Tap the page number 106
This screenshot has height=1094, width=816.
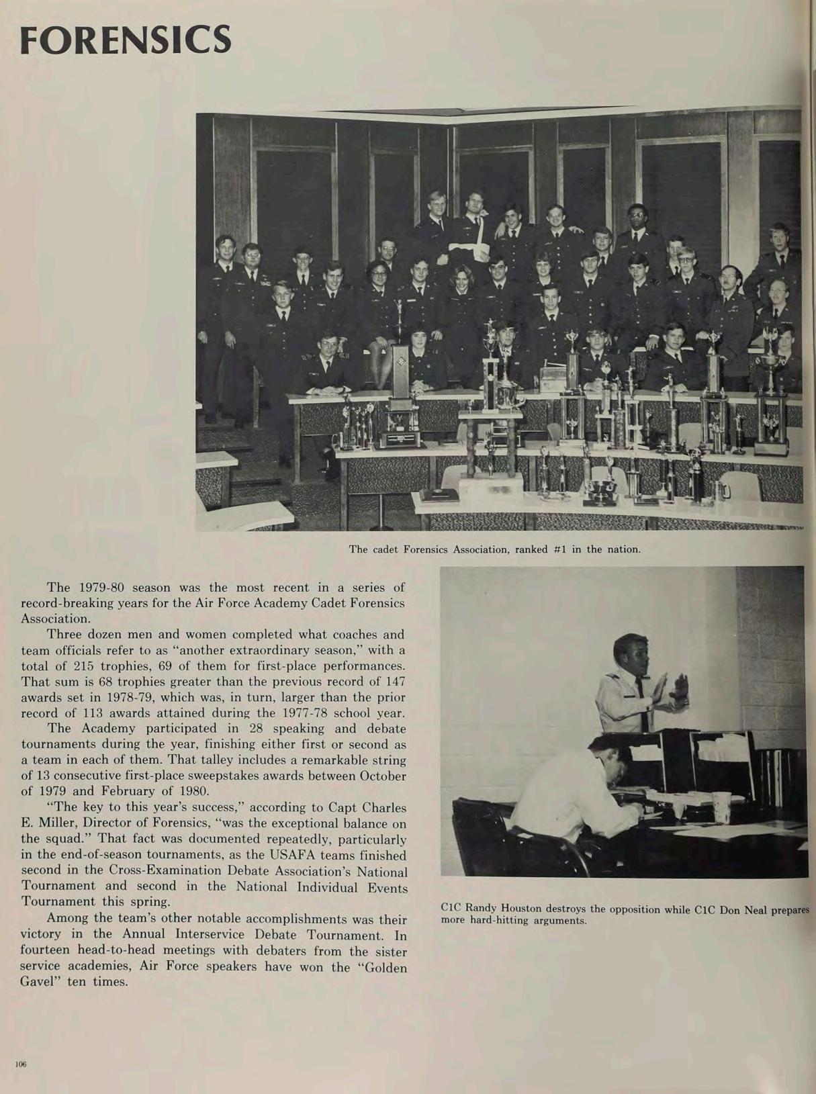click(21, 1064)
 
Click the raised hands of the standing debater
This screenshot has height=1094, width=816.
click(672, 692)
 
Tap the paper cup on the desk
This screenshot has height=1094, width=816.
click(721, 807)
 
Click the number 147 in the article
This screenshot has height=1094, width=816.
click(396, 682)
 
